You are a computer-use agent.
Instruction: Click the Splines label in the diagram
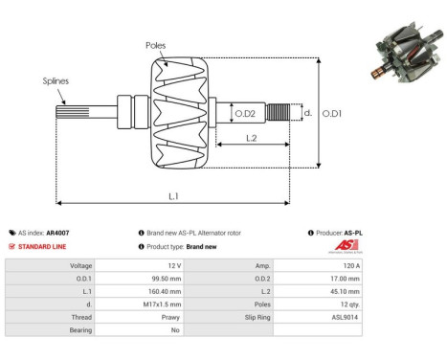tap(56, 82)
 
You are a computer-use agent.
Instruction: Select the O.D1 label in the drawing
tap(332, 114)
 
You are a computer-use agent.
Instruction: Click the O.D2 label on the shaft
tap(245, 114)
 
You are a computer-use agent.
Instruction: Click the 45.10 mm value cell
tap(346, 290)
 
